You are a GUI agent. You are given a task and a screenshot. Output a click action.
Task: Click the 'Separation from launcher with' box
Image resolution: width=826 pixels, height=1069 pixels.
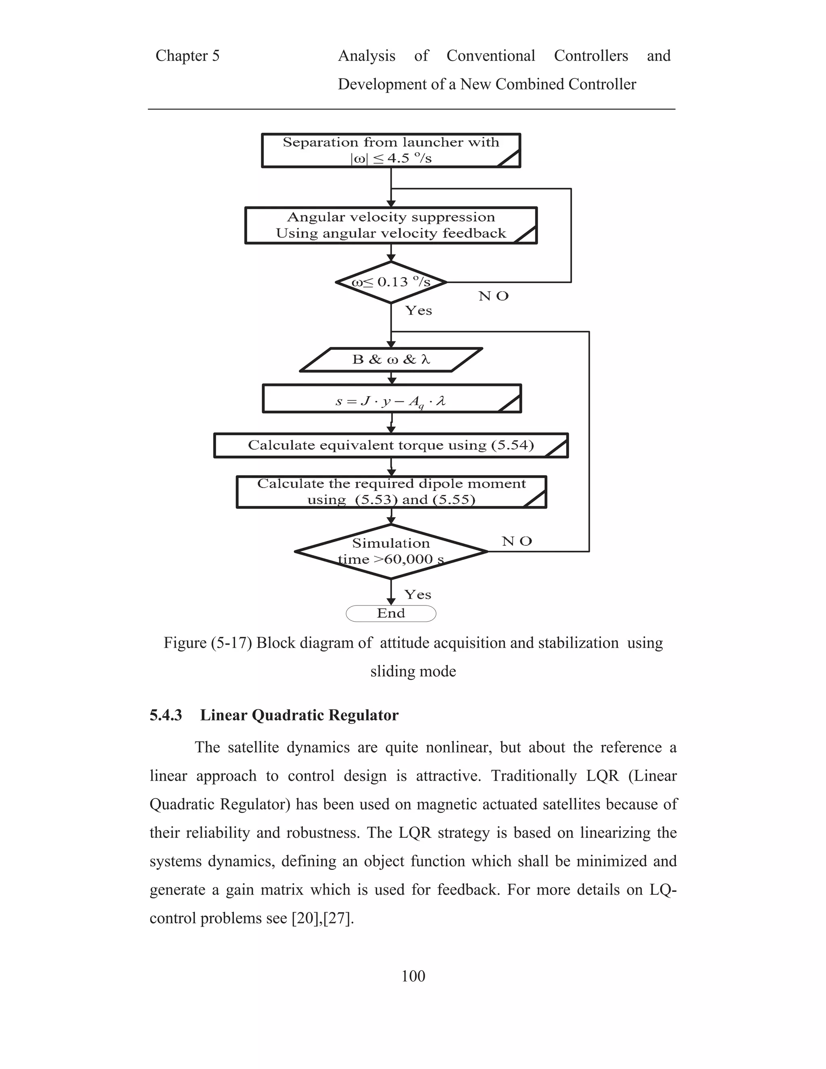(x=390, y=150)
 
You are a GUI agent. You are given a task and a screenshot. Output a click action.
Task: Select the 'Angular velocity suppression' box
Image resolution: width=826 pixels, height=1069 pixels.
(x=390, y=225)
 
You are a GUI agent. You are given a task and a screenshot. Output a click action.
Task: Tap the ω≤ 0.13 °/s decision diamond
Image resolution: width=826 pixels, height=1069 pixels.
(x=390, y=282)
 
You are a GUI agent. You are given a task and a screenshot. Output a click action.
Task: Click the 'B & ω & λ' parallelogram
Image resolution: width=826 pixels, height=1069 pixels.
(x=390, y=360)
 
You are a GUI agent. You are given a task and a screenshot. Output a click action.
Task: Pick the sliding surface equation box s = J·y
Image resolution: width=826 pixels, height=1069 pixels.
(x=390, y=399)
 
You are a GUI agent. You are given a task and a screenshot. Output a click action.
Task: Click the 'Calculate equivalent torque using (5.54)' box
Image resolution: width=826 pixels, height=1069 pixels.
(x=390, y=445)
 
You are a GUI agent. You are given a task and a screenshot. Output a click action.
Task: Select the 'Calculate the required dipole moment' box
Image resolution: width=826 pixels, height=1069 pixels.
(x=390, y=492)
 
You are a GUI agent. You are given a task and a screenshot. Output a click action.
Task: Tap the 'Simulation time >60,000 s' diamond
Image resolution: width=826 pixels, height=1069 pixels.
(x=390, y=551)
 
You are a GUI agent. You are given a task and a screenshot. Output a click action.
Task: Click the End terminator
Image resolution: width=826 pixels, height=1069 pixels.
(x=390, y=613)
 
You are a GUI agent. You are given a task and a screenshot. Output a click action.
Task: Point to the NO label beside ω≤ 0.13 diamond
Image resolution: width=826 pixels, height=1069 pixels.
(x=493, y=296)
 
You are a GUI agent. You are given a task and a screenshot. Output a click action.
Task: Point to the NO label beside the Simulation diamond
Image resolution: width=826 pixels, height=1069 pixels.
(x=517, y=541)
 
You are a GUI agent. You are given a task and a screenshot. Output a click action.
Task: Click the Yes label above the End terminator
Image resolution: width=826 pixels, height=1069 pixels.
(x=417, y=595)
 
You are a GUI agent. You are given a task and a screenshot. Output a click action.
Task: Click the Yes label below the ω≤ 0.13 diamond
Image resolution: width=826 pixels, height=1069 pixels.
(x=418, y=311)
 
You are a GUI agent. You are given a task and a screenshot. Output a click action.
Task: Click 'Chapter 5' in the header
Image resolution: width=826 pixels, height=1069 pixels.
(x=188, y=56)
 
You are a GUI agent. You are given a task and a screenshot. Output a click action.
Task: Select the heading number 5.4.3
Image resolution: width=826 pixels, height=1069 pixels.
(x=166, y=715)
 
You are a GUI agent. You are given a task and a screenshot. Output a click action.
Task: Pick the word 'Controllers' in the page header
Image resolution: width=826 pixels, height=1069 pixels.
(x=590, y=56)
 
